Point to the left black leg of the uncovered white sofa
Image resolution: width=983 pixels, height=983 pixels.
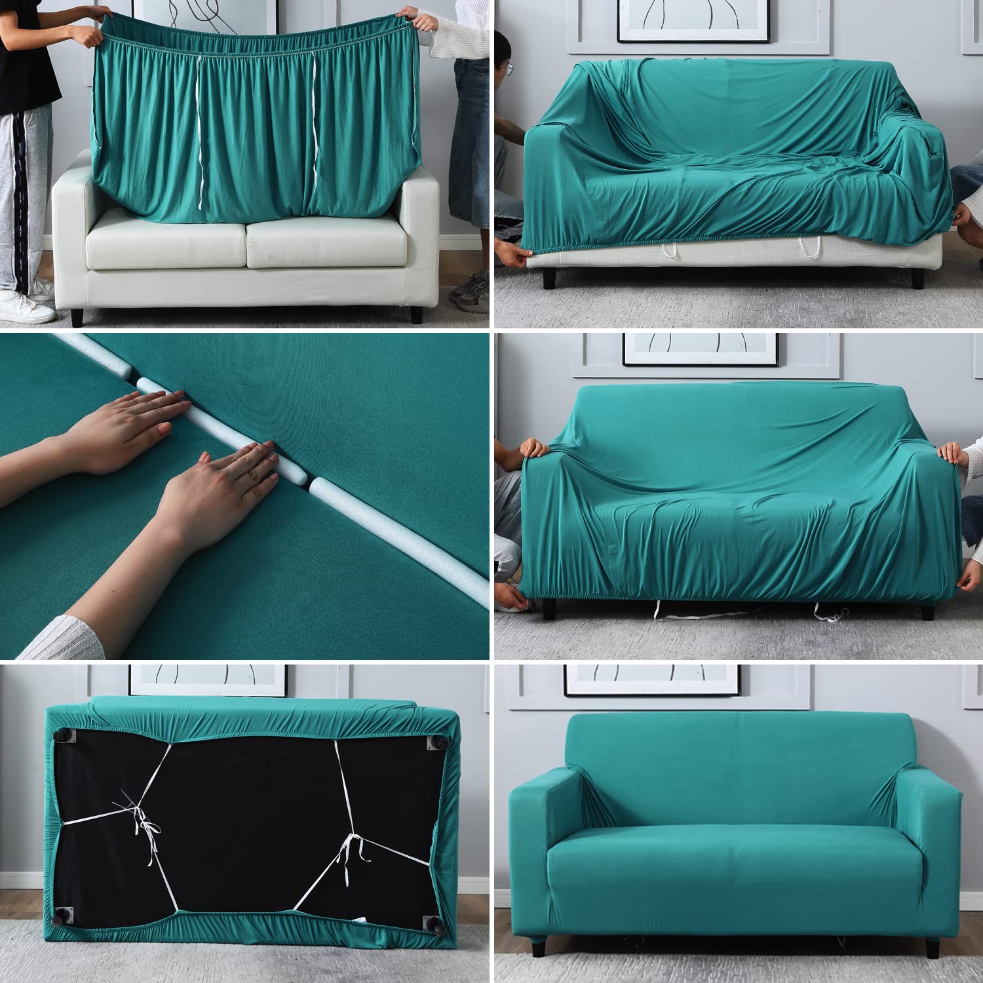pos(77,318)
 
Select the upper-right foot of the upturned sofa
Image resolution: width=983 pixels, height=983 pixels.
pos(435,742)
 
